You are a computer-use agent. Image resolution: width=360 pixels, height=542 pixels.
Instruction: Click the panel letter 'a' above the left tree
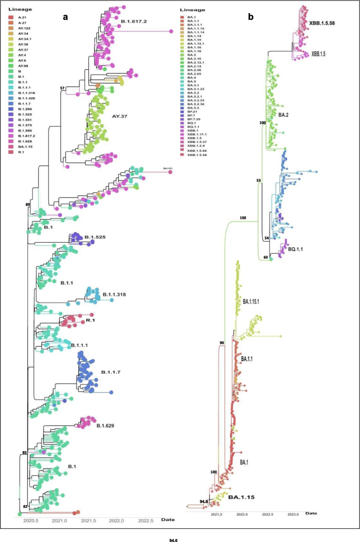click(x=66, y=16)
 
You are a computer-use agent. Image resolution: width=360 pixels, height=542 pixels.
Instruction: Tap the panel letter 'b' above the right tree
click(x=251, y=17)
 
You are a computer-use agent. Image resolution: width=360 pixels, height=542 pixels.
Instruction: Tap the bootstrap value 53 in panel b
click(x=258, y=180)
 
